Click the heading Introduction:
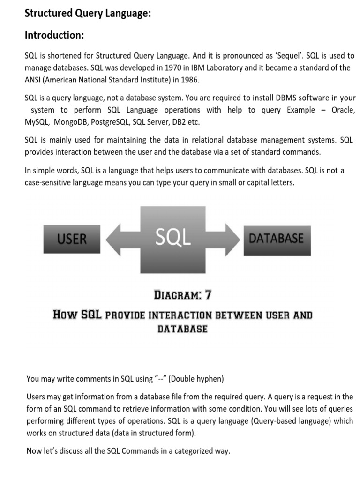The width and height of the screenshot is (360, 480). tap(54, 35)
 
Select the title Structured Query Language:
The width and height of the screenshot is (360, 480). tap(88, 14)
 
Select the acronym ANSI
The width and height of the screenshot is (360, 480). tap(33, 80)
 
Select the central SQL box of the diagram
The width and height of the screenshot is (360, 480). tap(173, 239)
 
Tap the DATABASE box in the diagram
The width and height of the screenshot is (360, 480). tap(276, 239)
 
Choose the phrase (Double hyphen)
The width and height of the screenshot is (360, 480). tap(197, 378)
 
